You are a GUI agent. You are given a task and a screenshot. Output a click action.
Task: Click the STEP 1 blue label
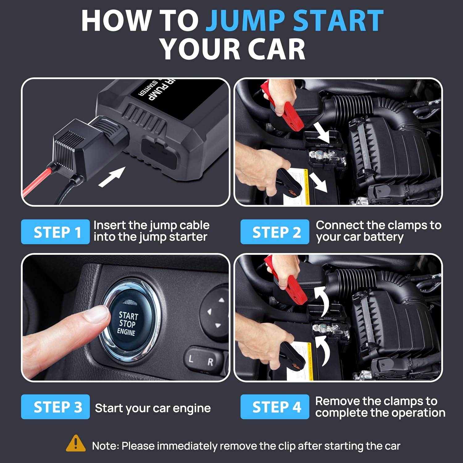pos(56,232)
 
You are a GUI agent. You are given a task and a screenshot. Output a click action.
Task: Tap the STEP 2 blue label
pos(275,232)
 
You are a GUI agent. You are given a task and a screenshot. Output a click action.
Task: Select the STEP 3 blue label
pos(56,407)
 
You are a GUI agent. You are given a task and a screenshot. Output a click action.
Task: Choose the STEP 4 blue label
pos(275,407)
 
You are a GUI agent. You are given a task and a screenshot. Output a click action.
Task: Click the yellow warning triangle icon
pos(76,444)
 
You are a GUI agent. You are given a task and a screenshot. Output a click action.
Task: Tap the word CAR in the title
pos(275,49)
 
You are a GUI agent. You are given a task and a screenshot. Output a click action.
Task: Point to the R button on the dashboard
pos(210,362)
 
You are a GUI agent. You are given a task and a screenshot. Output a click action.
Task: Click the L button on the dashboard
pos(191,359)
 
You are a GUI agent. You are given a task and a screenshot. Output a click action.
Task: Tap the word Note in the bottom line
pos(105,446)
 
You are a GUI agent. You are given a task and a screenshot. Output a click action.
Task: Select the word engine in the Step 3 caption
pos(191,408)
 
